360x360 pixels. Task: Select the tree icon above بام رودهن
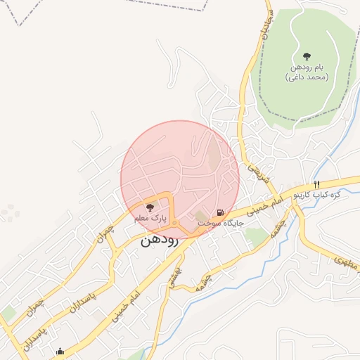click(x=307, y=56)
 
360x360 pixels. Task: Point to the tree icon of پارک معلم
click(x=148, y=207)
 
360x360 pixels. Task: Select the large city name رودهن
click(x=160, y=240)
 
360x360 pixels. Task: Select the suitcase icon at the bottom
click(x=60, y=351)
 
